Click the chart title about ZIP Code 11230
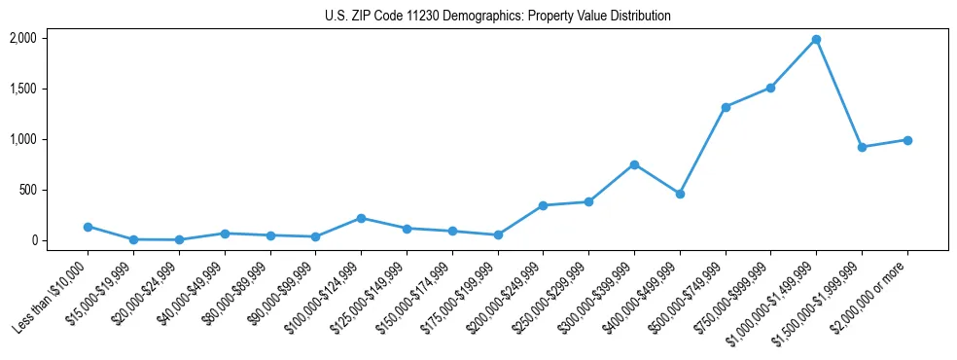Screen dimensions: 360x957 [497, 17]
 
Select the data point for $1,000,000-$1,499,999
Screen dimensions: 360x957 [816, 40]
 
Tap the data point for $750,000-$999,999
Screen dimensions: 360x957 [770, 88]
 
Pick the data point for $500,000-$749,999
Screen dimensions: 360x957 [726, 107]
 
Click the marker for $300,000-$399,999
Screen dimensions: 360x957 [634, 164]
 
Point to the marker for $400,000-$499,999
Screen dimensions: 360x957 [680, 194]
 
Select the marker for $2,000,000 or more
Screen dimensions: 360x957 [907, 140]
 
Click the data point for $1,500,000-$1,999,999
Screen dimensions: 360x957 [862, 147]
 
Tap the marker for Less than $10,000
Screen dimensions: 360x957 [88, 227]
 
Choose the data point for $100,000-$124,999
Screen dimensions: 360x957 [361, 218]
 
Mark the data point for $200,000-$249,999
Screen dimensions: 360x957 [543, 205]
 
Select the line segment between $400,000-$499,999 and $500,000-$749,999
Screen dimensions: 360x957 [702, 151]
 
